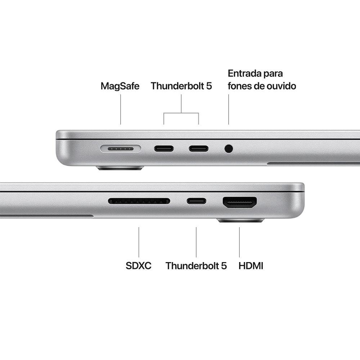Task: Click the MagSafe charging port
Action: pos(121,148)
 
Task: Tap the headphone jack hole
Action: pos(229,148)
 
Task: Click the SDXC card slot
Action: pos(139,201)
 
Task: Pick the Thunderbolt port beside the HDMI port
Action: pos(196,201)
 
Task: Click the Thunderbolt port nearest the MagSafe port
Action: pos(164,148)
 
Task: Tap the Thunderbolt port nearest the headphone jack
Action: pos(198,148)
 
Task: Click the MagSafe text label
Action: pos(120,86)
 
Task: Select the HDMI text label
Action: pos(251,266)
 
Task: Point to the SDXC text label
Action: pos(139,266)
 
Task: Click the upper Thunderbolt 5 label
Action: pos(181,86)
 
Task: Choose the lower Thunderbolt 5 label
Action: pos(196,266)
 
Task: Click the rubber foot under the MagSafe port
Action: pos(120,168)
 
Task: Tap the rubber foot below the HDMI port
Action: pos(240,220)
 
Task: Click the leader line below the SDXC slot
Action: pos(139,242)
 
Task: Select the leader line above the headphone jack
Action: pos(229,110)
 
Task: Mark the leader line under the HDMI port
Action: pos(240,242)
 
